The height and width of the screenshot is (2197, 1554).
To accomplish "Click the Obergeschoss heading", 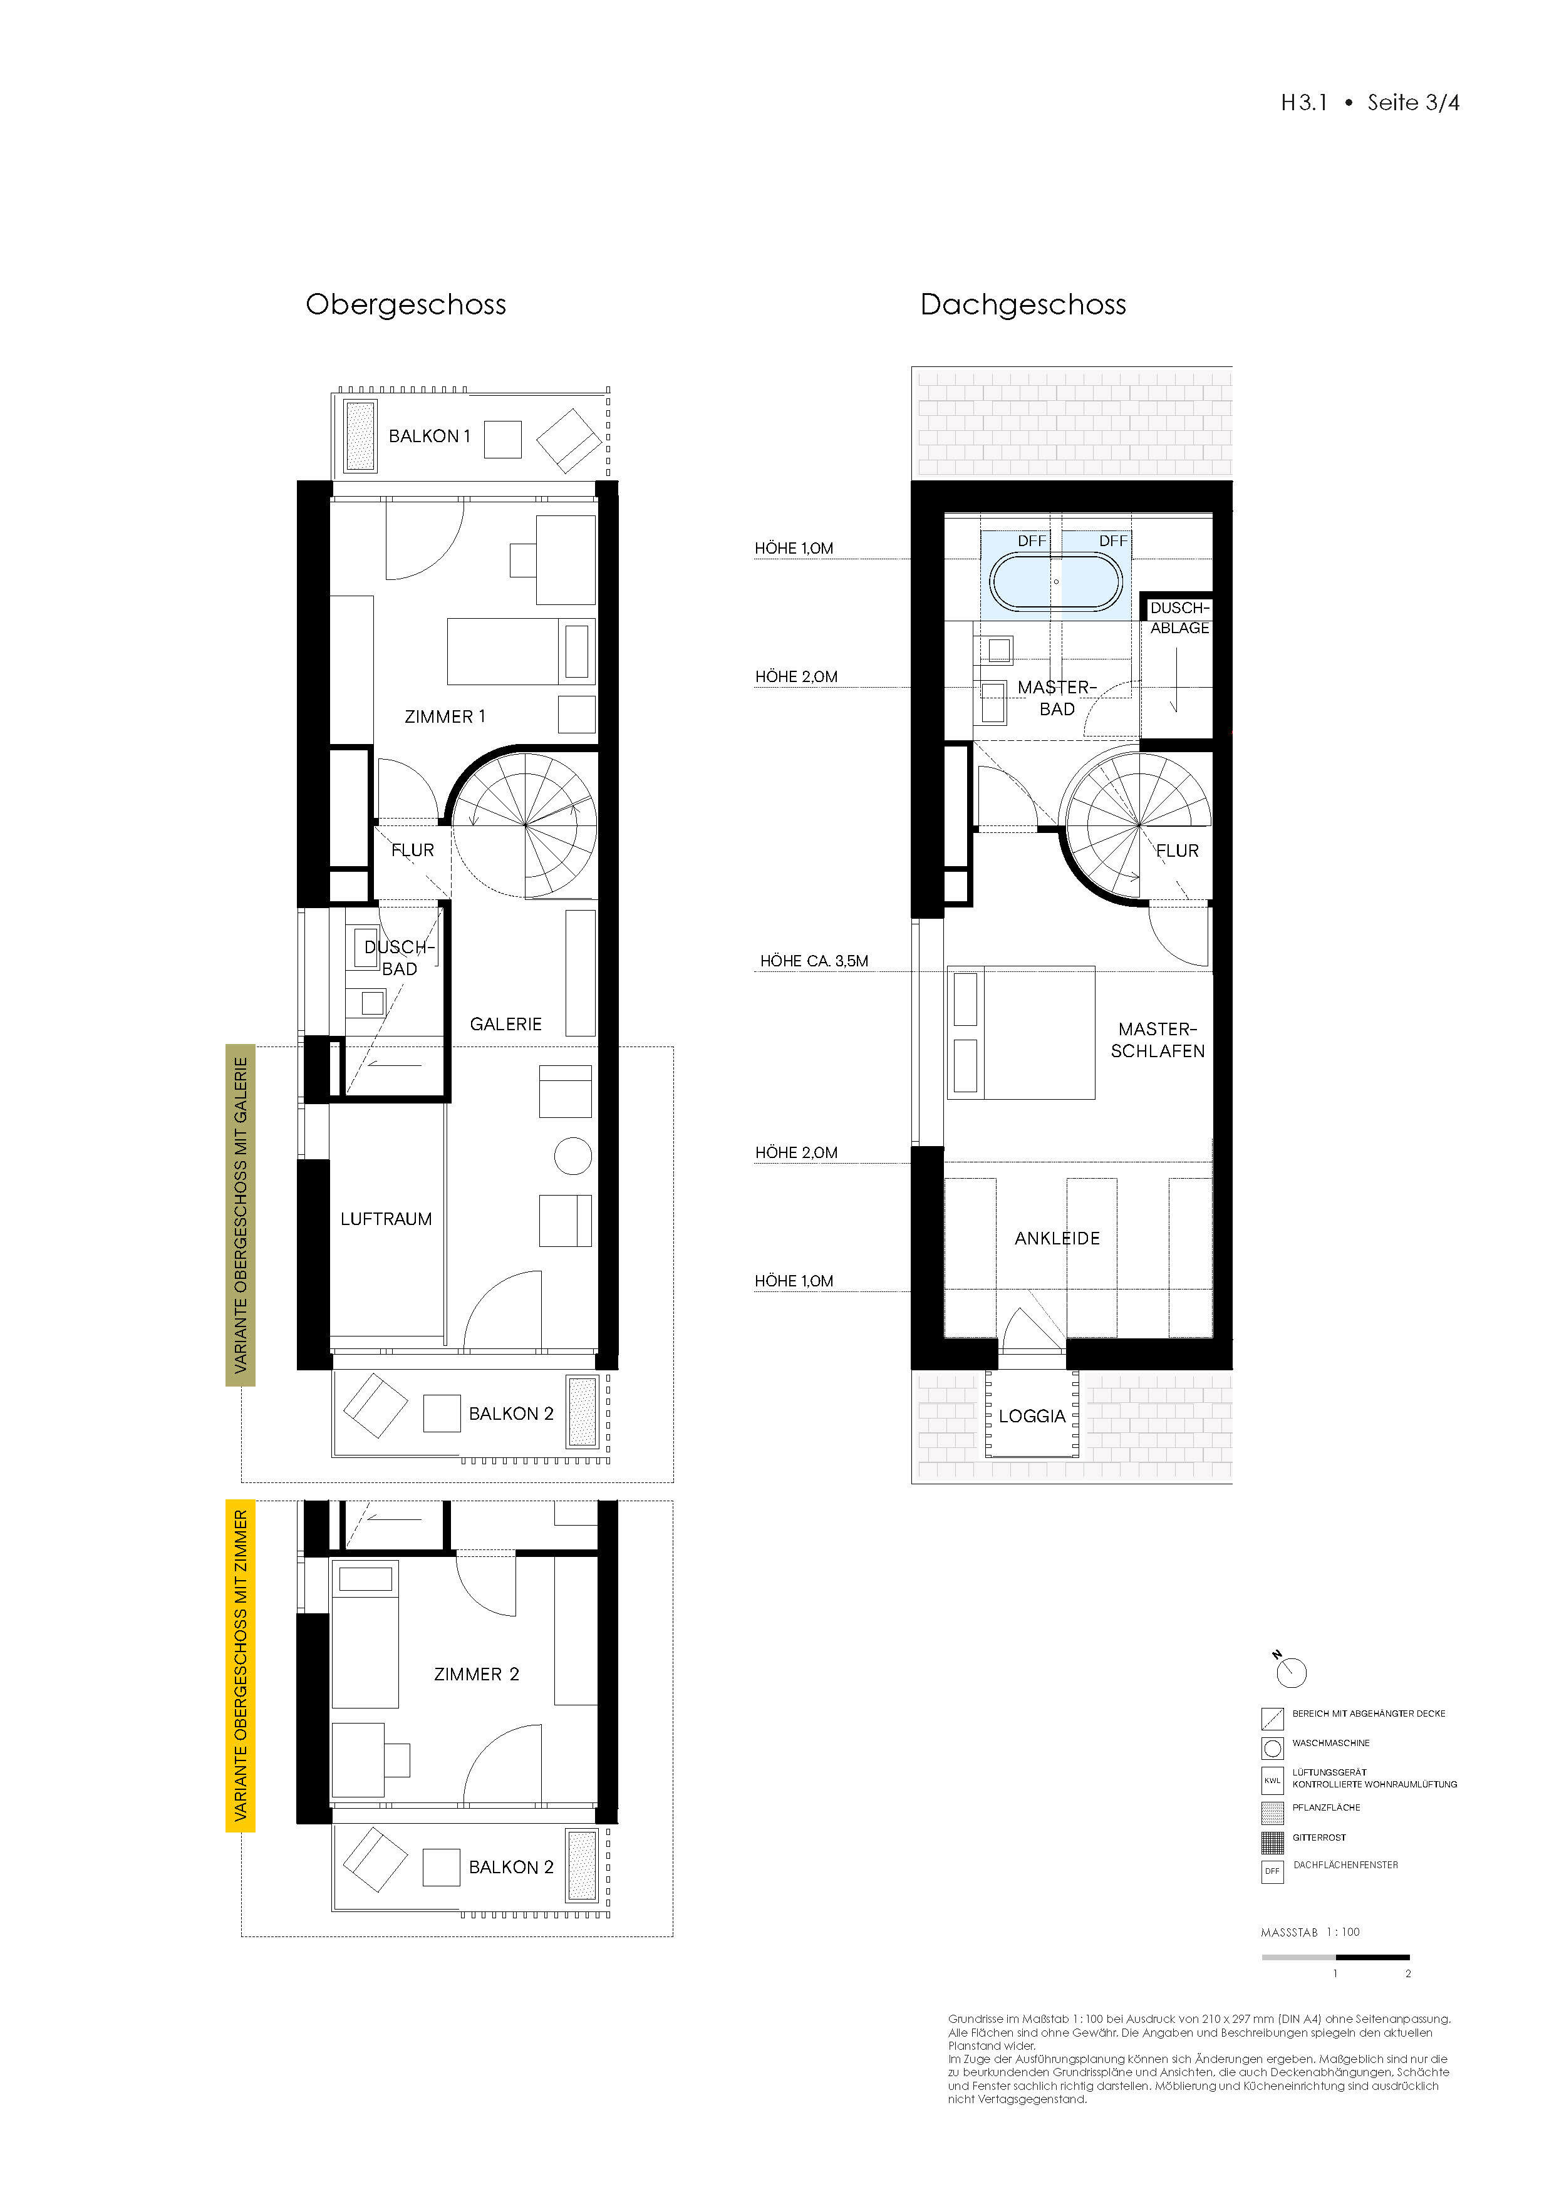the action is click(x=406, y=305).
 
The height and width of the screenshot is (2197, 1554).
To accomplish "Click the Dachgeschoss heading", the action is click(x=1023, y=305).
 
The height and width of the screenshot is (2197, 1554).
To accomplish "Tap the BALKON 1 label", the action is click(x=430, y=437).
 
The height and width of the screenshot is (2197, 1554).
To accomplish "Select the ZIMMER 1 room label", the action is click(x=445, y=716).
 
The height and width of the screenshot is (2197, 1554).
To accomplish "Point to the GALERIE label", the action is click(x=505, y=1025).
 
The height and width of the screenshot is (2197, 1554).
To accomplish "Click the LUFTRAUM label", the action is click(x=386, y=1219).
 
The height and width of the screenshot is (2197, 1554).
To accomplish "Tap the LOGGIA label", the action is click(x=1032, y=1416).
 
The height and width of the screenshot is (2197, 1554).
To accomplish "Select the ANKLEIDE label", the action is click(x=1057, y=1238).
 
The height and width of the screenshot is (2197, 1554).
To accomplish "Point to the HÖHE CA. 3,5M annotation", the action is click(x=814, y=961).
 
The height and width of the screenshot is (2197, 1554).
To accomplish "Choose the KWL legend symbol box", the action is click(x=1273, y=1780).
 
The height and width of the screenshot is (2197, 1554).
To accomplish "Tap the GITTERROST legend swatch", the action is click(x=1273, y=1841).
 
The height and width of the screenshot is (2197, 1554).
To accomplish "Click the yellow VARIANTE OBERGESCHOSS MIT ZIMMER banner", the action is click(x=240, y=1666).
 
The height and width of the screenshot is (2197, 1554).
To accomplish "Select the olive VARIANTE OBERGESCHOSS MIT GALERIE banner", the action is click(x=240, y=1215).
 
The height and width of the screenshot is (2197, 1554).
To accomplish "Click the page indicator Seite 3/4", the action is click(x=1413, y=102).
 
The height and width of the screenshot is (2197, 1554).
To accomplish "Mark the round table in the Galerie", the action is click(x=573, y=1156).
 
